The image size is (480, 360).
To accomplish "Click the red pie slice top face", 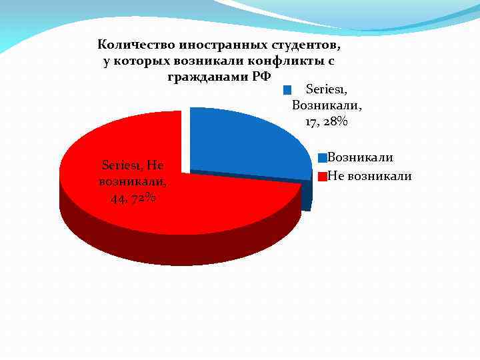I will point(200,200).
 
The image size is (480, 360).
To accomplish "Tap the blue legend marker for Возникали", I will point(323,158).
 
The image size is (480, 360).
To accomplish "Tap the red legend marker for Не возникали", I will point(323,177).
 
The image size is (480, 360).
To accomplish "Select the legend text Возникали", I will point(360,157).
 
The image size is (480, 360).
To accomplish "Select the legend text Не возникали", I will point(370,176).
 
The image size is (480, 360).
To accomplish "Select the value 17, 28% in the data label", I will point(327,122).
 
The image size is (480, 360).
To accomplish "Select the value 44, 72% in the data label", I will point(134,198).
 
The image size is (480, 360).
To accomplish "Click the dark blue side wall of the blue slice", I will point(306,196).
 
